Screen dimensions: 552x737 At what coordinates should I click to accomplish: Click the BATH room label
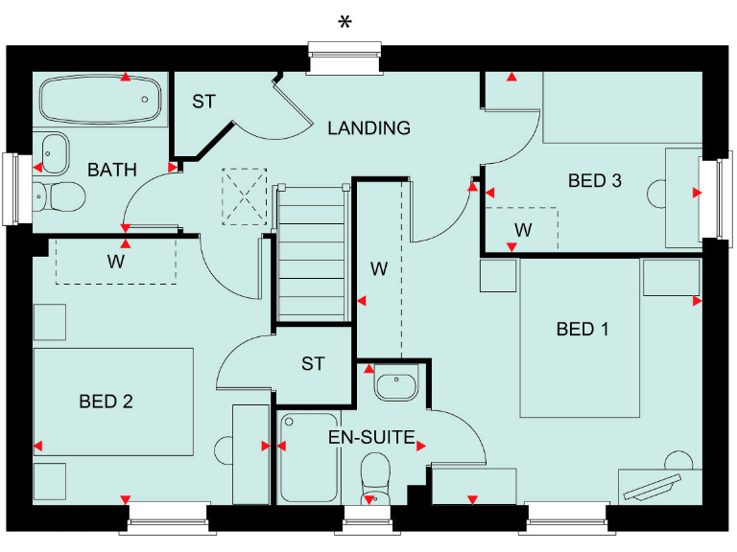pos(112,170)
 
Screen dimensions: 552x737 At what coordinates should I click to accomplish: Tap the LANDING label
pos(368,127)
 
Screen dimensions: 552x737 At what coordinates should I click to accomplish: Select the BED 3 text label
pos(595,180)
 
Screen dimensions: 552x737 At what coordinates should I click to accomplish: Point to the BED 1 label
pos(582,330)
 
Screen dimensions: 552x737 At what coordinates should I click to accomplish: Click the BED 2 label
pos(106,402)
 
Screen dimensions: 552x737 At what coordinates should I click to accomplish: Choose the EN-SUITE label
pos(371,439)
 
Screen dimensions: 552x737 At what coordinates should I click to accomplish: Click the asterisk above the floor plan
pos(345,24)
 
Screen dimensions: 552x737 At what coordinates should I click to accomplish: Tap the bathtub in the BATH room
pos(100,100)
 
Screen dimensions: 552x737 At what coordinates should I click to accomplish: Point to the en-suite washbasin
pos(394,385)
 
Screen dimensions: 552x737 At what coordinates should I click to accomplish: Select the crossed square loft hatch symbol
pos(244,195)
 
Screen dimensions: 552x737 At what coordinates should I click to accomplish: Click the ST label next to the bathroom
pos(203,101)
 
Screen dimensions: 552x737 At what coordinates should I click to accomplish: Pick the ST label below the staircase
pos(313,364)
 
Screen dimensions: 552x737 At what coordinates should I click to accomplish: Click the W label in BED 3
pos(523,230)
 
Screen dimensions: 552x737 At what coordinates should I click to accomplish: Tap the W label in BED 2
pos(115,261)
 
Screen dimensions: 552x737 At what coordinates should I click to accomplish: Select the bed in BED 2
pos(113,401)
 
